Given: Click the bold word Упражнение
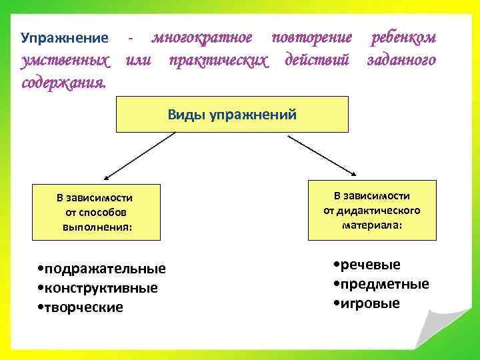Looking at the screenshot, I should click(x=64, y=39).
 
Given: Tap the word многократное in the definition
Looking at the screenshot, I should click(x=202, y=38).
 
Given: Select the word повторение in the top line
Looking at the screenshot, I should click(x=311, y=38).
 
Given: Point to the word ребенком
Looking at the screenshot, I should click(x=403, y=38).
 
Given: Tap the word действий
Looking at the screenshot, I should click(x=317, y=61).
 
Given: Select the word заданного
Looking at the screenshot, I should click(x=401, y=61).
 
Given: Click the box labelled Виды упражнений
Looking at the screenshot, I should click(x=233, y=114).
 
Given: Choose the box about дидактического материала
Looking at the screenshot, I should click(x=372, y=210).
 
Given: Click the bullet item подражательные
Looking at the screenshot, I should click(x=103, y=269).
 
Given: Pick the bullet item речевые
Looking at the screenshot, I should click(x=367, y=265).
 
